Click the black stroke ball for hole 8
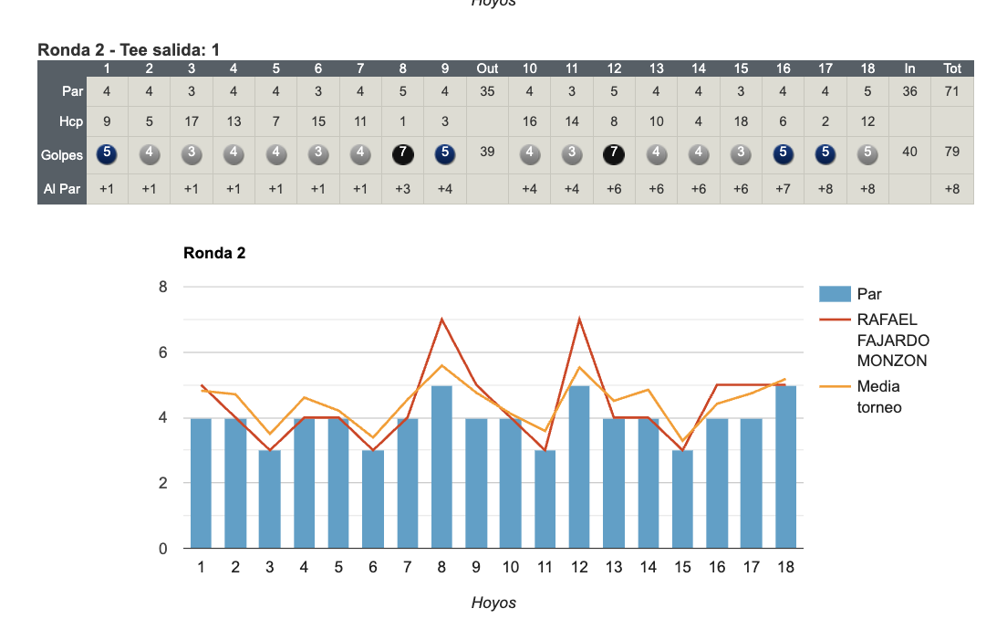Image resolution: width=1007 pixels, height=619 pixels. [402, 153]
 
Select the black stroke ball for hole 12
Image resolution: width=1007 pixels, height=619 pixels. [614, 153]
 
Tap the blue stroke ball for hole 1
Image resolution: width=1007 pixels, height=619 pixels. [107, 153]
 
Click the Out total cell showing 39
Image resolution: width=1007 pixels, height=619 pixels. [487, 152]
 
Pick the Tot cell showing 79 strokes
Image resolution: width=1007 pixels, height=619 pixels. [951, 152]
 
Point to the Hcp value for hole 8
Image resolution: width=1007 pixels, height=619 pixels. [402, 121]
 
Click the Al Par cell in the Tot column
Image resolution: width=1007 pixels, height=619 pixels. [951, 188]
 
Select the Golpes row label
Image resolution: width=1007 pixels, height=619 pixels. [62, 155]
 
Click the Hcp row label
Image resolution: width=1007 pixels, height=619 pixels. [71, 121]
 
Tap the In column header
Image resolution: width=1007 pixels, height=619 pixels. [909, 68]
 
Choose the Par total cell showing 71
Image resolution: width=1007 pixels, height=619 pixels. [951, 91]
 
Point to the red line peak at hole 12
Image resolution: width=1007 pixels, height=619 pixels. [579, 320]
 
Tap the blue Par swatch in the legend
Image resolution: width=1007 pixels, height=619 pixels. [834, 294]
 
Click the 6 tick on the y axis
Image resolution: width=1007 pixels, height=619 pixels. [163, 352]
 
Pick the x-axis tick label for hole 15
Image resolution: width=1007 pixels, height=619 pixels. [682, 567]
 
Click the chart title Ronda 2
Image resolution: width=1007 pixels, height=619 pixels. [214, 253]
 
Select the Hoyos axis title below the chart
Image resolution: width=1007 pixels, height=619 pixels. [493, 603]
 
